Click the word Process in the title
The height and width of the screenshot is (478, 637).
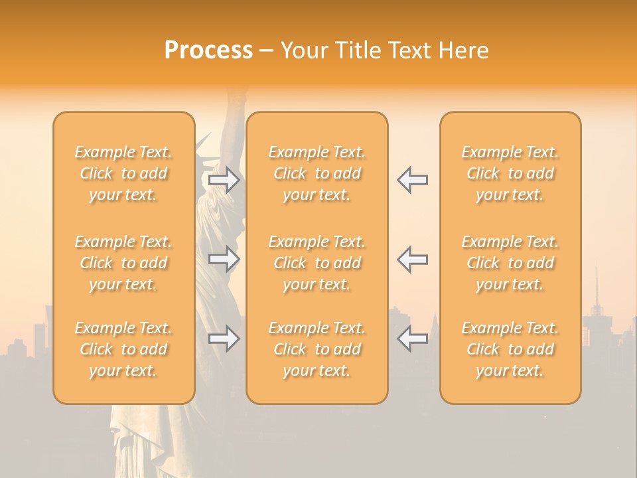tap(208, 50)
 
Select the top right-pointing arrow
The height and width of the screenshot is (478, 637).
tap(224, 180)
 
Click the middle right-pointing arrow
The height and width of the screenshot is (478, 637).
tap(224, 259)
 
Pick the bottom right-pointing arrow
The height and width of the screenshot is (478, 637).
tap(224, 339)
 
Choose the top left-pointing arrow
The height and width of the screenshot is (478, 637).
tap(412, 180)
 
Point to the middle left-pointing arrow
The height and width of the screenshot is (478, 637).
tap(412, 259)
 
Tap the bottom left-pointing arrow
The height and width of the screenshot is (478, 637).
tap(412, 339)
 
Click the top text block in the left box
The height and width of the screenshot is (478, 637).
tap(123, 173)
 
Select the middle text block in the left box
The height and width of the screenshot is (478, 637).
tap(123, 263)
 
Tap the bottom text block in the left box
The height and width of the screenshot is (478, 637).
tap(123, 349)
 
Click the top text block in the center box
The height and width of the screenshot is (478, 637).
tap(317, 173)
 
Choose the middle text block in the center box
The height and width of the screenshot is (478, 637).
tap(317, 263)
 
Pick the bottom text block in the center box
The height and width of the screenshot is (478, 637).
tap(317, 349)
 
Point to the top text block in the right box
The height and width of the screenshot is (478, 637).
tap(510, 173)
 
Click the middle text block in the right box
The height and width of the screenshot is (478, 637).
tap(510, 263)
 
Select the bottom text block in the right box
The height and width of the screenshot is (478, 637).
tap(510, 349)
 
